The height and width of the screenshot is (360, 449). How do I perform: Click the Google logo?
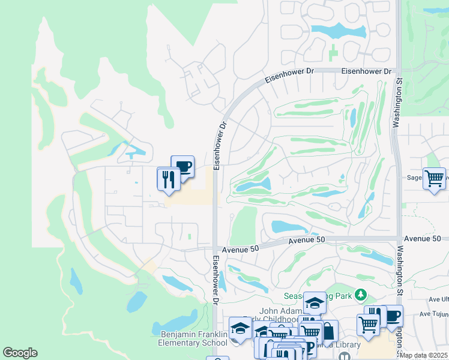point(20,353)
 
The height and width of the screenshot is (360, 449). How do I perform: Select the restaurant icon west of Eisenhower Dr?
point(168,178)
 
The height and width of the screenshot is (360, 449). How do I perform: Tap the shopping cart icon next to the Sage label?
point(434,178)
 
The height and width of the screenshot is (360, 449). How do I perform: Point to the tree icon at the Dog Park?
point(360,295)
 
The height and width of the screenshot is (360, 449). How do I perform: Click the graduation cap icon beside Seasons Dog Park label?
point(314,303)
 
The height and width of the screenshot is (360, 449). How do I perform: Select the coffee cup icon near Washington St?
point(393,316)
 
